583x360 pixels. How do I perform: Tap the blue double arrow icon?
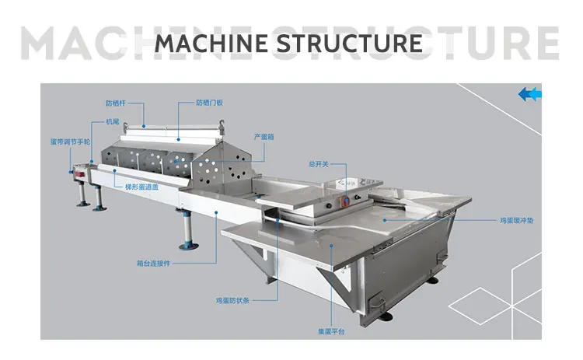[529, 94]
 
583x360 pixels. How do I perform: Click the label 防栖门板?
[208, 103]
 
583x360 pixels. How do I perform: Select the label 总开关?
[319, 164]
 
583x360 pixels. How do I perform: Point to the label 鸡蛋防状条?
[231, 299]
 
